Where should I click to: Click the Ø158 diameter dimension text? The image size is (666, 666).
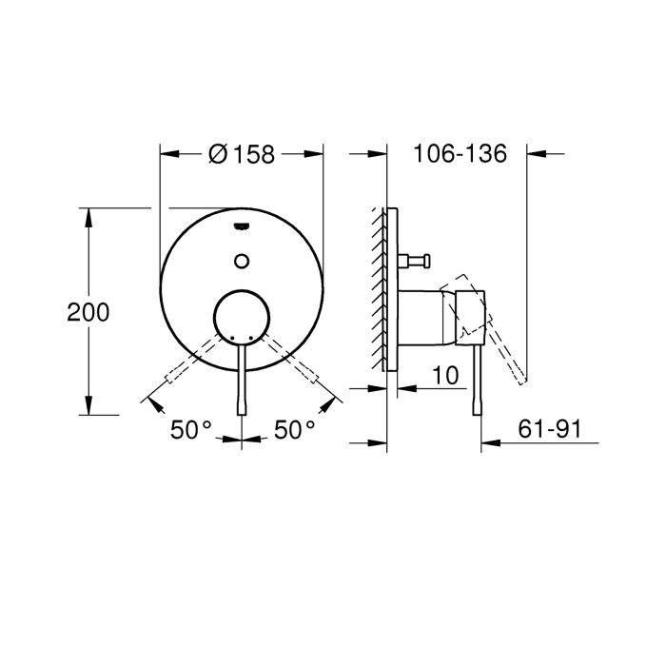point(241,154)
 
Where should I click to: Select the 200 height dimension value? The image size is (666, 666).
point(88,312)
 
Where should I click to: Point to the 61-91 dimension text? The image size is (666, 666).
point(550,429)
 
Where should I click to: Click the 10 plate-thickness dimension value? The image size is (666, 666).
point(444,375)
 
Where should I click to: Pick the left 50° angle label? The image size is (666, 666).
point(190,429)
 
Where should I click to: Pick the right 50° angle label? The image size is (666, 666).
point(294,429)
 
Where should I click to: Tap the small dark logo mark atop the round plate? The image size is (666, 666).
point(241,225)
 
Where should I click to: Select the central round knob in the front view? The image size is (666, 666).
point(241,315)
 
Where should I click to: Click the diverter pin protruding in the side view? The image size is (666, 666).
point(417,258)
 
